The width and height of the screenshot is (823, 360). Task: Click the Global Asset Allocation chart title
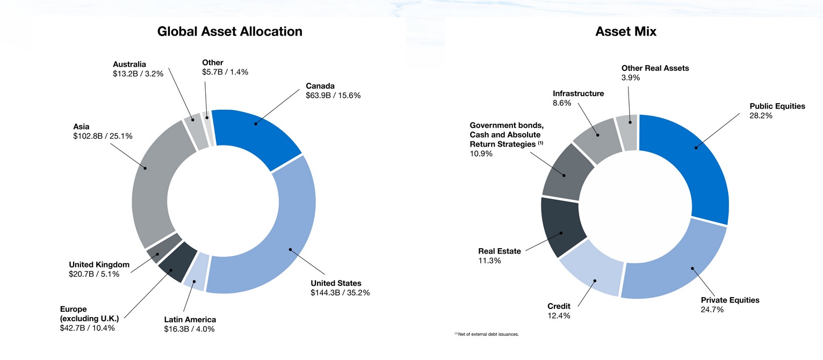pyautogui.click(x=229, y=31)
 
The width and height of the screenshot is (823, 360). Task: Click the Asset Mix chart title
pyautogui.click(x=625, y=32)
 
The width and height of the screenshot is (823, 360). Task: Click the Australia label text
pyautogui.click(x=129, y=64)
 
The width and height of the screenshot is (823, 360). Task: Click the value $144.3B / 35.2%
pyautogui.click(x=340, y=293)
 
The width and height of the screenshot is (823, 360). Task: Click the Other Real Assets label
pyautogui.click(x=655, y=68)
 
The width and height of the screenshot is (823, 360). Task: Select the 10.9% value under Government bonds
pyautogui.click(x=481, y=154)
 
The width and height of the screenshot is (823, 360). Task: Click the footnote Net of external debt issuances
pyautogui.click(x=488, y=334)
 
